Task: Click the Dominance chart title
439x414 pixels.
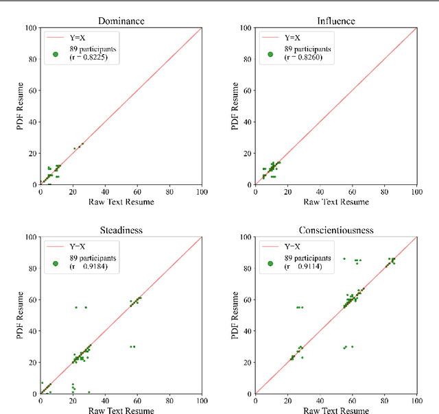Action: click(x=121, y=21)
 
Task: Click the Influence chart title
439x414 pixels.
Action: click(x=336, y=21)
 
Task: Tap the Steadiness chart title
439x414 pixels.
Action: click(x=121, y=230)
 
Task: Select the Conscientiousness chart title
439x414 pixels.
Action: click(x=336, y=230)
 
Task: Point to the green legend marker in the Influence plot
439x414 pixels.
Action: click(x=270, y=53)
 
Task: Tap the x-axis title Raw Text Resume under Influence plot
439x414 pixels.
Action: click(x=336, y=202)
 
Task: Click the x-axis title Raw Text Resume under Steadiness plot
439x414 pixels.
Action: click(x=121, y=411)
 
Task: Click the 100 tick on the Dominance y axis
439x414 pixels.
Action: click(x=29, y=28)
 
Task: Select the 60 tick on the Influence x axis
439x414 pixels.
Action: click(x=352, y=193)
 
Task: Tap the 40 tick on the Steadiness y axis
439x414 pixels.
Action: click(x=32, y=331)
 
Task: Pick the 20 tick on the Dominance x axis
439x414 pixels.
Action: click(x=73, y=193)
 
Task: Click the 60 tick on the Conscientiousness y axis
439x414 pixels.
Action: click(x=247, y=300)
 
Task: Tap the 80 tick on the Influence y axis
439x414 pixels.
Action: click(x=247, y=60)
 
